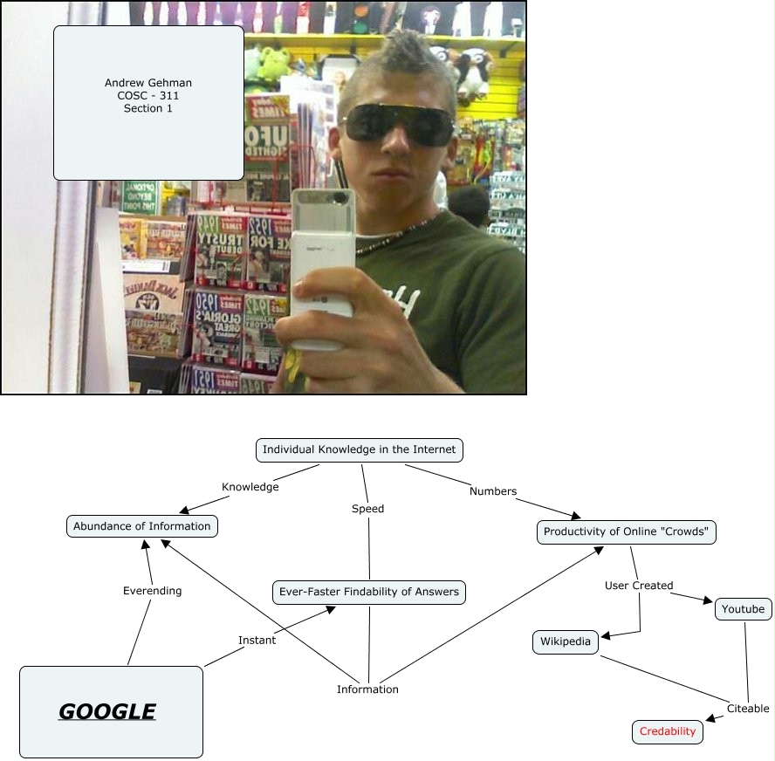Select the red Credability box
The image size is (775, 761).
pyautogui.click(x=668, y=731)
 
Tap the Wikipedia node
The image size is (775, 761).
pyautogui.click(x=565, y=642)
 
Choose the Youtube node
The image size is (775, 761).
pyautogui.click(x=743, y=609)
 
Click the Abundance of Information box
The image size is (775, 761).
pyautogui.click(x=141, y=526)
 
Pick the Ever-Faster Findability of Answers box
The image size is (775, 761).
pyautogui.click(x=368, y=592)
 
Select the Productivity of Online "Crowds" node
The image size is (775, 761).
pyautogui.click(x=626, y=531)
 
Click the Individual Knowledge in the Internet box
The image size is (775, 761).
pyautogui.click(x=359, y=449)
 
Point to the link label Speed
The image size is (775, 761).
pyautogui.click(x=367, y=508)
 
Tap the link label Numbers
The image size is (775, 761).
pyautogui.click(x=493, y=491)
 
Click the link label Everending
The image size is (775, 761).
pyautogui.click(x=152, y=591)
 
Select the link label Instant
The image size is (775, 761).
pyautogui.click(x=257, y=640)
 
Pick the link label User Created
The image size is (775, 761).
pyautogui.click(x=639, y=586)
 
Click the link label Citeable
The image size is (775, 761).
pyautogui.click(x=748, y=709)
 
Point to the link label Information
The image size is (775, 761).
pyautogui.click(x=367, y=689)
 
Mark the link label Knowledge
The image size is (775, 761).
pyautogui.click(x=250, y=487)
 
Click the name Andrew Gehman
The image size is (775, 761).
pyautogui.click(x=148, y=83)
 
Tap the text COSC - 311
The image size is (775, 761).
pyautogui.click(x=148, y=96)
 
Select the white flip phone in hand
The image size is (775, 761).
pyautogui.click(x=320, y=262)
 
